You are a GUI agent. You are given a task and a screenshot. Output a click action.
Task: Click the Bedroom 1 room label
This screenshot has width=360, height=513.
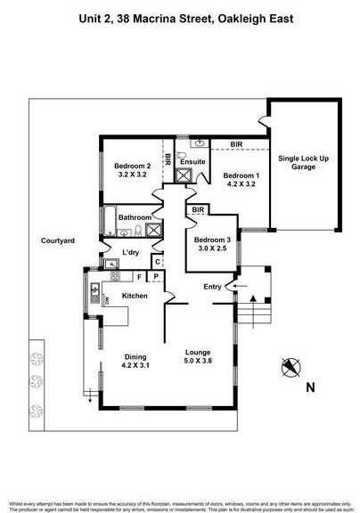point(239,175)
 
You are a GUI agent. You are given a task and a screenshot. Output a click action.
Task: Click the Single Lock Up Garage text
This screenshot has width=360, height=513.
point(304,162)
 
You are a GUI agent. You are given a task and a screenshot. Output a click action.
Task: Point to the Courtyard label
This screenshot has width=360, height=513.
point(57,240)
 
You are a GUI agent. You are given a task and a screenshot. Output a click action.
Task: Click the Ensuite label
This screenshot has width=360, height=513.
point(193,160)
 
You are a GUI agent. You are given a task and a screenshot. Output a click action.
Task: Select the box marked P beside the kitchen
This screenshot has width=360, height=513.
point(156,277)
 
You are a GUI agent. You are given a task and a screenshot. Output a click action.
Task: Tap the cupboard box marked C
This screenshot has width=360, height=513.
point(157,261)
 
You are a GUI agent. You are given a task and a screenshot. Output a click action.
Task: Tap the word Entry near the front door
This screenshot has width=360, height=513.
point(213,286)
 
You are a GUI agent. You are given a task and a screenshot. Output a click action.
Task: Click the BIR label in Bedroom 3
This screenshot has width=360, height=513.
point(198,210)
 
